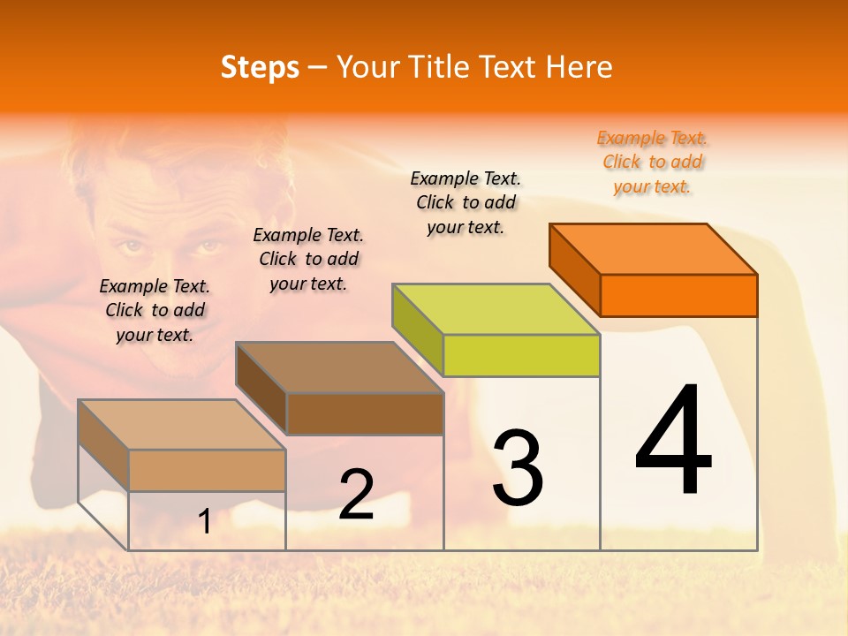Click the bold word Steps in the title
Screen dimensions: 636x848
pos(260,67)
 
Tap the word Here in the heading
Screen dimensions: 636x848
pos(579,67)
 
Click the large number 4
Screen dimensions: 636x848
pos(674,442)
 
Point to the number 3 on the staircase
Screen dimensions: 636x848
pos(518,468)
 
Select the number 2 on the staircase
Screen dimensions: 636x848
pos(356,495)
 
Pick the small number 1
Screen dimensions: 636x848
pos(205,522)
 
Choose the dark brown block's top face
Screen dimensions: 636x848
pos(339,367)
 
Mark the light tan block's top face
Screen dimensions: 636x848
pos(182,425)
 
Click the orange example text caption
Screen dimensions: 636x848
pos(652,163)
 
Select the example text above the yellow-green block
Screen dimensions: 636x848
pos(466,203)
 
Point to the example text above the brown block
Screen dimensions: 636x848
pos(308,260)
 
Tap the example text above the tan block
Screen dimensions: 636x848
pos(155,311)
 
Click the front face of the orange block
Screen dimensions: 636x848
pos(678,295)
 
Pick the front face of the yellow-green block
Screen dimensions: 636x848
pos(521,355)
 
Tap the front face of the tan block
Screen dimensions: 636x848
pos(207,470)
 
